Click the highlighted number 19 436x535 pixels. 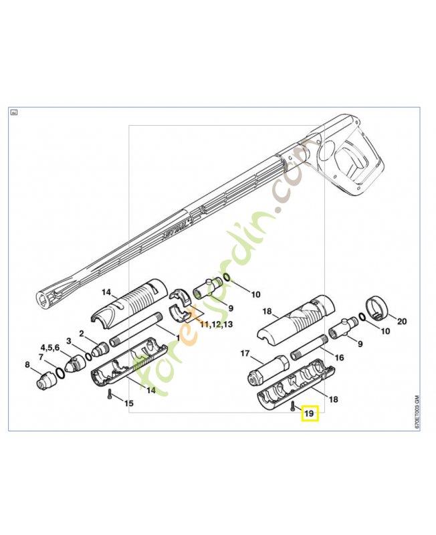[x=310, y=414]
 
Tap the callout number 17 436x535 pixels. [x=245, y=353]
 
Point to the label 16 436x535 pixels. [x=339, y=358]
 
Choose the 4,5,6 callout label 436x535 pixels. [x=49, y=348]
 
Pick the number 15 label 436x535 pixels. [x=129, y=403]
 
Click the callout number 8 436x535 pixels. [x=27, y=364]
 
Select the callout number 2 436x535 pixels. [x=82, y=333]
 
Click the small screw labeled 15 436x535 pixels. [x=109, y=394]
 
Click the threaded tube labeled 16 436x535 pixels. [x=307, y=347]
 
